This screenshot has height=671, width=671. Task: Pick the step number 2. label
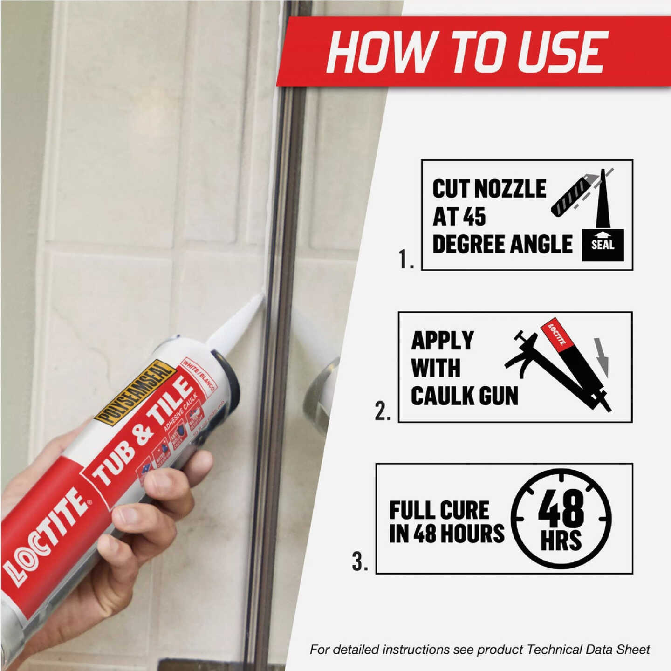[x=383, y=412]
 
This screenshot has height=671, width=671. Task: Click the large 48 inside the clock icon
[x=561, y=508]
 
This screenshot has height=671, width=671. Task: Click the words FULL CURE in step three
[x=439, y=510]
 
